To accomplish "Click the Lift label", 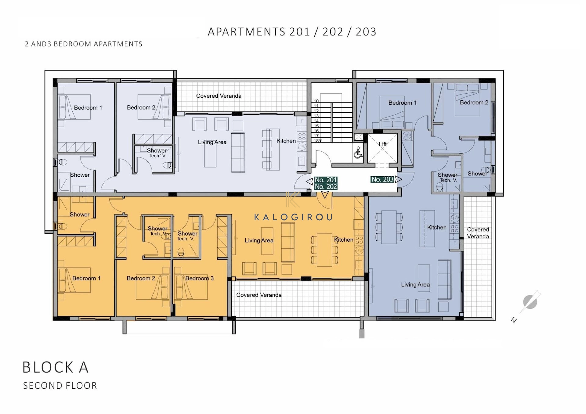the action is click(x=383, y=144).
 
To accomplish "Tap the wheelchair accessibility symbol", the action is click(x=358, y=153).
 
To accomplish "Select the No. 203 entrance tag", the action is click(x=382, y=179).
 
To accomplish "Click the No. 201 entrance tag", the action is click(x=326, y=180).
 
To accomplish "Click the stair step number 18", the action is click(x=317, y=141).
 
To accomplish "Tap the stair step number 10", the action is click(x=316, y=101).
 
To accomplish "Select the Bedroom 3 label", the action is click(x=200, y=278).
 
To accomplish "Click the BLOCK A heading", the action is click(x=56, y=367).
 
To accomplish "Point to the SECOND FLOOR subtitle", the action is click(x=60, y=386).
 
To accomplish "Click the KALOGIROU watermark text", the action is click(x=293, y=217).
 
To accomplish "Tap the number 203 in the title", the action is click(x=366, y=32).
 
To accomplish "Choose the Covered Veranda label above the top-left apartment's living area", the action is click(x=219, y=96).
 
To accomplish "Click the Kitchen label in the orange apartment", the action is click(x=344, y=240).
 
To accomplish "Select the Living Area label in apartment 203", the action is click(x=415, y=285).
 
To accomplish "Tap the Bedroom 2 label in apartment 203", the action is click(x=474, y=103).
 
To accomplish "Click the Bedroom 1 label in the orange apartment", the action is click(x=86, y=278).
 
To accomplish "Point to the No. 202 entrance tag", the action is click(x=326, y=187).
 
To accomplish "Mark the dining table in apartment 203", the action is click(x=389, y=227).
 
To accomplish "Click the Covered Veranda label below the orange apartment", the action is click(x=259, y=295).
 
